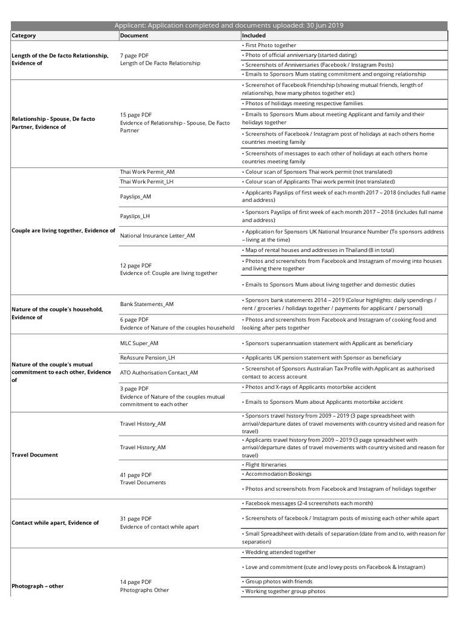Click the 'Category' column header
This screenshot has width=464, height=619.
tap(24, 36)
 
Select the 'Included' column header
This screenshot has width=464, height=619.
tap(254, 36)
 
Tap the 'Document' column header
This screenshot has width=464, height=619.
tap(134, 36)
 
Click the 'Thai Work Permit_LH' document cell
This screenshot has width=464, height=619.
tap(147, 181)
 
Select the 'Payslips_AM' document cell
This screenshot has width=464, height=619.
tap(136, 196)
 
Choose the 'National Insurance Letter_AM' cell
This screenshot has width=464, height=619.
tap(158, 235)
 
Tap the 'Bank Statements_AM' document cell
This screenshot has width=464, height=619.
tap(147, 304)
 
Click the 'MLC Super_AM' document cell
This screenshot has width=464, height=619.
tap(140, 343)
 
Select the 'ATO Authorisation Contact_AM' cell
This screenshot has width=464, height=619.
tap(159, 373)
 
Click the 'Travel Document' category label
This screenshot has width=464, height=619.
tap(35, 455)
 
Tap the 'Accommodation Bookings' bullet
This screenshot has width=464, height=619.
tap(277, 474)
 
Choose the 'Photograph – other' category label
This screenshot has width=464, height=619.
tap(37, 586)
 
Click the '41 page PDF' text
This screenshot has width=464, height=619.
tap(136, 475)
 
